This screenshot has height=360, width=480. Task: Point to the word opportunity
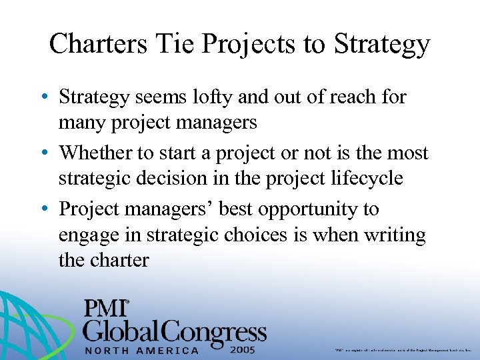[x=304, y=209]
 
